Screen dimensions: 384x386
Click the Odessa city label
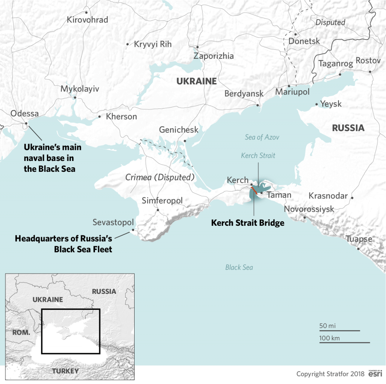pyautogui.click(x=25, y=113)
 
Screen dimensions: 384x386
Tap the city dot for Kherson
pyautogui.click(x=100, y=116)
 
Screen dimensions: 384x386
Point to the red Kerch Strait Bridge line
pyautogui.click(x=255, y=190)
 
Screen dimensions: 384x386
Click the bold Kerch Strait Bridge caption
pyautogui.click(x=247, y=223)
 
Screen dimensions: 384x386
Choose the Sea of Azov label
pyautogui.click(x=262, y=137)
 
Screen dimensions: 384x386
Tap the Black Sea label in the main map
pyautogui.click(x=239, y=267)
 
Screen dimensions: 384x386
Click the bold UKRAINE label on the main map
pyautogui.click(x=196, y=81)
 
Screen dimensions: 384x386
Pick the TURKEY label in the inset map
pyautogui.click(x=66, y=371)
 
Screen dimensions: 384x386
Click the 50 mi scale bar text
pyautogui.click(x=327, y=326)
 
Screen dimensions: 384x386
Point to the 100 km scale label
pyautogui.click(x=329, y=338)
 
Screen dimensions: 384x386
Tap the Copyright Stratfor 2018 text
pyautogui.click(x=330, y=374)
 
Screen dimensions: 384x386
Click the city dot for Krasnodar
pyautogui.click(x=352, y=197)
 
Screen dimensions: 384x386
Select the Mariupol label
pyautogui.click(x=293, y=92)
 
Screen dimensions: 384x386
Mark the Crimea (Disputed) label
pyautogui.click(x=160, y=177)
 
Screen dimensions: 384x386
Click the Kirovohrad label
pyautogui.click(x=87, y=20)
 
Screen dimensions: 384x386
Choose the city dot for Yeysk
pyautogui.click(x=316, y=104)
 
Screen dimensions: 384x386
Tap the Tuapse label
pyautogui.click(x=359, y=239)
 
